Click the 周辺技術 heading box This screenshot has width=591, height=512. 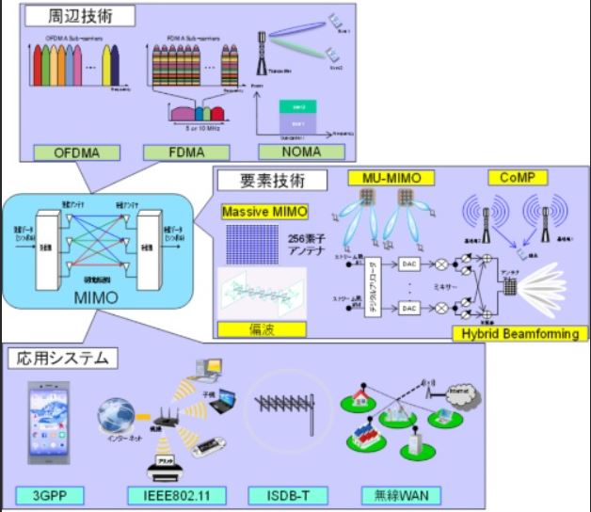click(x=74, y=15)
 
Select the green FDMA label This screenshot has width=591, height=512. click(x=176, y=151)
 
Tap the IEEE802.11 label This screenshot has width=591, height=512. click(x=174, y=494)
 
